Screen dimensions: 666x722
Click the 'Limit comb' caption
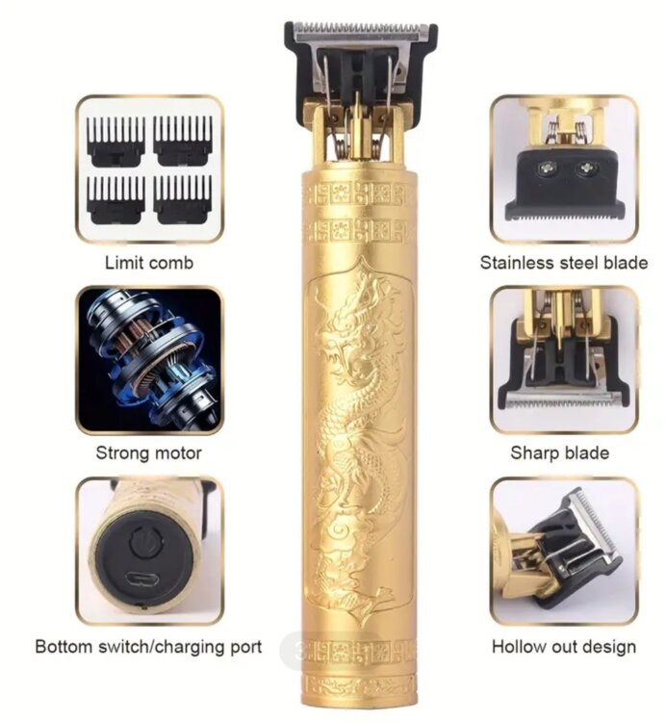[x=149, y=263]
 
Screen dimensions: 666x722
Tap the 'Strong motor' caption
[x=148, y=453]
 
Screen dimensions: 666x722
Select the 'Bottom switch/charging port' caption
[x=148, y=647]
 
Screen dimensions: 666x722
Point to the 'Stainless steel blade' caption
[x=564, y=263]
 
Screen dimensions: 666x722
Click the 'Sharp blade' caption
[x=560, y=453]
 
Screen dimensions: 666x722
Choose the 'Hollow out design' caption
[x=564, y=647]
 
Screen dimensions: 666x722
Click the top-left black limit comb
[x=116, y=142]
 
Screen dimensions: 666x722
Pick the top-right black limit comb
[x=183, y=141]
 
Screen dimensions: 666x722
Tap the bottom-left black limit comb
[x=116, y=200]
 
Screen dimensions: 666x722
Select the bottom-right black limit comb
[x=183, y=200]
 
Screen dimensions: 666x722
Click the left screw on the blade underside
[x=547, y=168]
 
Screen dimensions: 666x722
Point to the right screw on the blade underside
[x=586, y=168]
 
